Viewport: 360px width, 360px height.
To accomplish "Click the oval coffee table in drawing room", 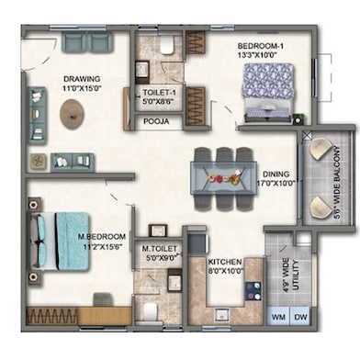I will point(73,114).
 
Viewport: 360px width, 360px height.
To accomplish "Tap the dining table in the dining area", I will point(224,174).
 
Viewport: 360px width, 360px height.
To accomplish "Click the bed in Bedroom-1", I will point(270,90).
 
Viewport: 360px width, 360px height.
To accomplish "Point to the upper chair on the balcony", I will point(321,148).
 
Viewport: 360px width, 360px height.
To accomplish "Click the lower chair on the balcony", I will point(321,205).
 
